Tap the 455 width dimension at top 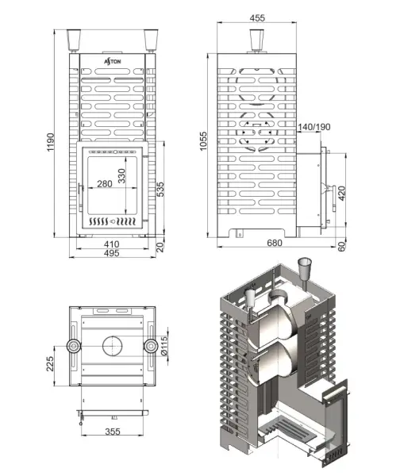256,17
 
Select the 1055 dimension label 204,143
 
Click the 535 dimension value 160,189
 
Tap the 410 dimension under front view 110,244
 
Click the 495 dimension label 110,254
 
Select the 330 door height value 122,177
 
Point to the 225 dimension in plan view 49,364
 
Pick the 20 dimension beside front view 160,245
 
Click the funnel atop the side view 256,40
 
